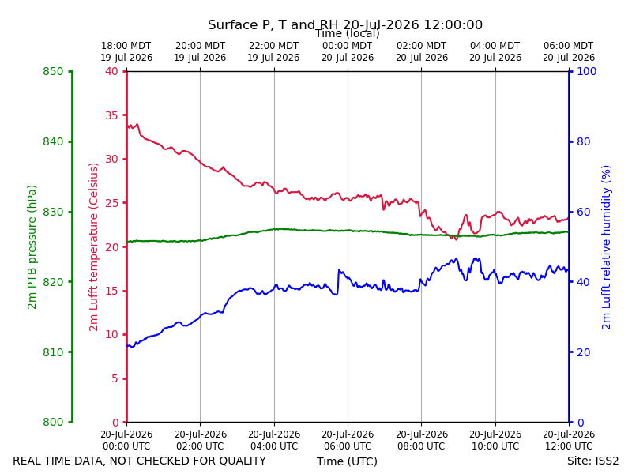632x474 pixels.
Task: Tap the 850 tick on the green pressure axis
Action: (53, 71)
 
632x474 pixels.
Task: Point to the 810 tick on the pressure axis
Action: (53, 352)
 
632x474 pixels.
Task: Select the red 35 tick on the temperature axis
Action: (111, 115)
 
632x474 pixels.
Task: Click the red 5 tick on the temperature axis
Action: (115, 378)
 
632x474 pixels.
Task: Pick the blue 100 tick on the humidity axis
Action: (587, 71)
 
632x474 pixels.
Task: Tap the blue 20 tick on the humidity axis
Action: (584, 352)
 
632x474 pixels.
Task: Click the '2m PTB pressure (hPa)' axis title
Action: (32, 247)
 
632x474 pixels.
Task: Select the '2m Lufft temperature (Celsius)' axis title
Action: (93, 247)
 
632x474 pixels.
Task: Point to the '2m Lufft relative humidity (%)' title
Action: (606, 247)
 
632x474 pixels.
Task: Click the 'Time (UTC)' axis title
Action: (347, 461)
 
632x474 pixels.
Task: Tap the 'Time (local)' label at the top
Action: (348, 33)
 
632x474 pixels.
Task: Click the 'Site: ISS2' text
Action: (593, 461)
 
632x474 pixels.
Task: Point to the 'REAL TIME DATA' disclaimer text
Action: (140, 461)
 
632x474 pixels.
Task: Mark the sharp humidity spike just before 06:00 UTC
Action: (340, 270)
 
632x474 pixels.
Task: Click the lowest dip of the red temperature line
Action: (457, 239)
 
